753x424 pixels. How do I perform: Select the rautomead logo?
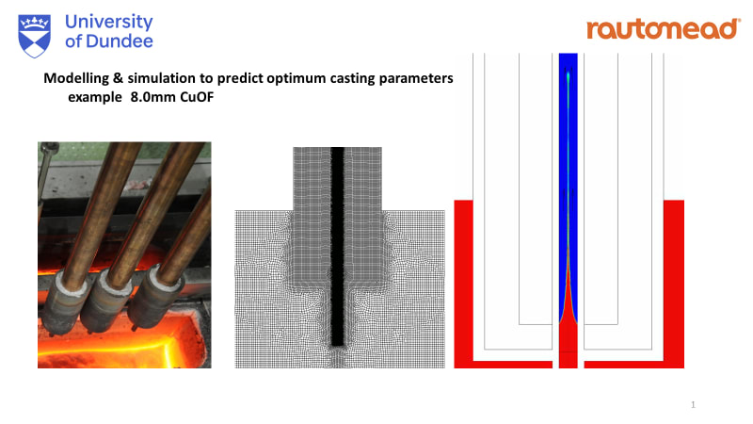(x=663, y=29)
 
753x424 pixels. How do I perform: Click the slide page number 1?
(x=693, y=405)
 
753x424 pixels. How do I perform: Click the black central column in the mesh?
(x=339, y=245)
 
